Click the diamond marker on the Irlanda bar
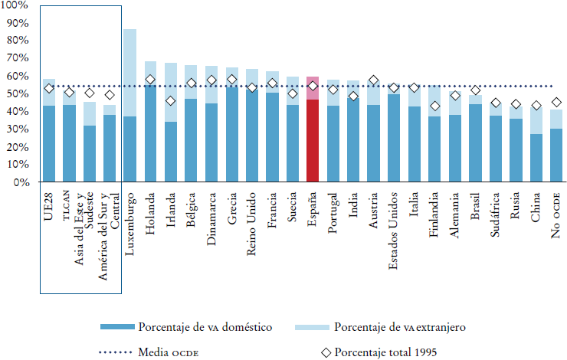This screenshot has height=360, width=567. point(171,101)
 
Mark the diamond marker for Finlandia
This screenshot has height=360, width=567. point(435,106)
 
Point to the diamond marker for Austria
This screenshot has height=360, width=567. point(374,80)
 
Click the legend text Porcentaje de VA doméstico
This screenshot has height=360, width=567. point(205,327)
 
